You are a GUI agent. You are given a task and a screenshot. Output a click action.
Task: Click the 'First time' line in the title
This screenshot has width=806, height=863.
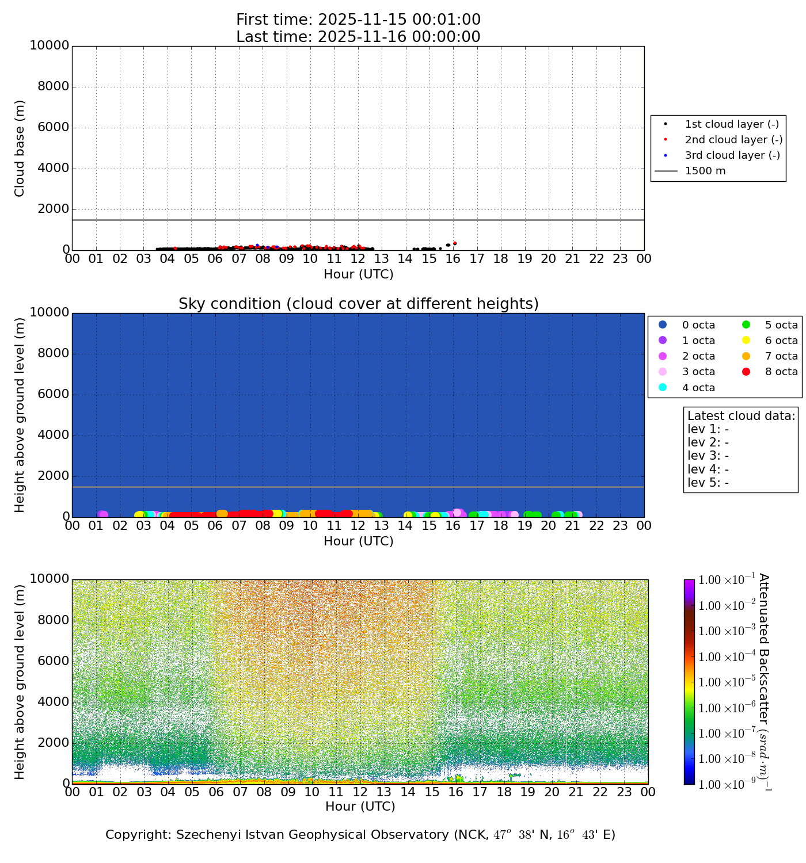click(358, 20)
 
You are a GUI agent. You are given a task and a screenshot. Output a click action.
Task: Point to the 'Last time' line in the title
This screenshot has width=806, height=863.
click(358, 37)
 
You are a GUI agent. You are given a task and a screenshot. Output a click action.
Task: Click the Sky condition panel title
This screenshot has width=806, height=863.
click(358, 304)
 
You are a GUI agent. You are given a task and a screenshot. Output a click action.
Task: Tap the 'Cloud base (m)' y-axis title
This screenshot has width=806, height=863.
click(20, 148)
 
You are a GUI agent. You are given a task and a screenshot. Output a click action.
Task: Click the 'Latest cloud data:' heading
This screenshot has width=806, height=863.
click(742, 416)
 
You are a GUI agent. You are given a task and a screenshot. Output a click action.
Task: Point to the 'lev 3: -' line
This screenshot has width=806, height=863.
click(708, 456)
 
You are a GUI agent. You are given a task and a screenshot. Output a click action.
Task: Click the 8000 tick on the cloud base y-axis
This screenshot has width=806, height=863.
click(53, 87)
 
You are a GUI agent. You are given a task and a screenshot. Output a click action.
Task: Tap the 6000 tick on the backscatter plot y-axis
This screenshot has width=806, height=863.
click(53, 661)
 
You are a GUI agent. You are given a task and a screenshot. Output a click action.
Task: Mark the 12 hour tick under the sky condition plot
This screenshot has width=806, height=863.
click(358, 526)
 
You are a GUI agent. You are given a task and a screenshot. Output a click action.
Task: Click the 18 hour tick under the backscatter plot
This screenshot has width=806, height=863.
click(504, 792)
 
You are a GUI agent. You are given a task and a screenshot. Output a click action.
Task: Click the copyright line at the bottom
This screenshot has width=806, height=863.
click(360, 835)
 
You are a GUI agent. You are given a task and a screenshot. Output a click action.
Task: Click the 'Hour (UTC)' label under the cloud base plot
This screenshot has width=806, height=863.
click(358, 274)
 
